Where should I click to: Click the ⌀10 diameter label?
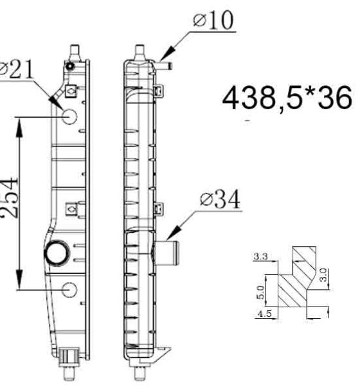click(x=213, y=21)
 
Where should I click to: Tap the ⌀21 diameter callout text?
click(x=17, y=69)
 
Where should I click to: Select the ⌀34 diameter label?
click(x=220, y=199)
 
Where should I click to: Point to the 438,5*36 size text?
click(x=287, y=98)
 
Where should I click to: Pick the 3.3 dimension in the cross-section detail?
click(x=261, y=256)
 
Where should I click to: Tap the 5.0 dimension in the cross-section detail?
click(x=260, y=292)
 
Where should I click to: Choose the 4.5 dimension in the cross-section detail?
click(x=264, y=314)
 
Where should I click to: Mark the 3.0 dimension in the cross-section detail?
click(x=323, y=275)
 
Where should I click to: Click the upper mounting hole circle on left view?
click(x=69, y=116)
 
